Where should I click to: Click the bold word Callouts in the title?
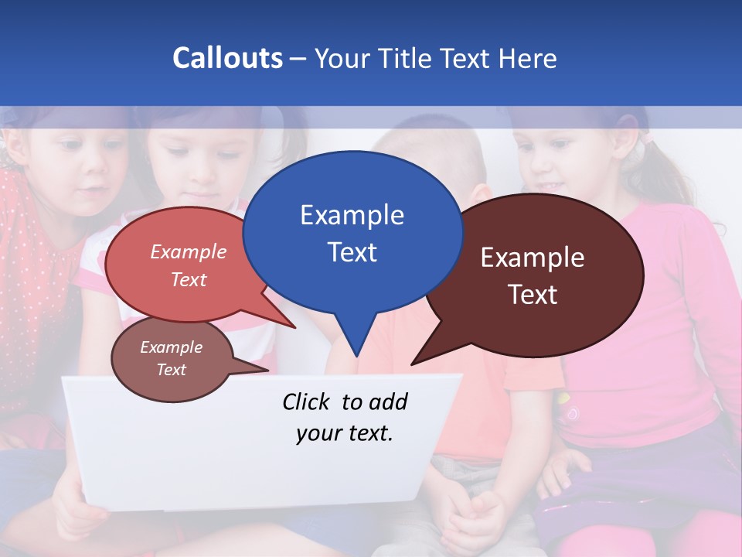pos(227,58)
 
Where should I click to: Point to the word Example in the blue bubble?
pos(352,215)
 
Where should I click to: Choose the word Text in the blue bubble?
pos(352,252)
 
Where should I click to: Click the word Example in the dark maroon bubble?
pos(533,258)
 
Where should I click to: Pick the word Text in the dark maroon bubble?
pos(533,295)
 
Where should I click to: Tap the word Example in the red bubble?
pos(189,251)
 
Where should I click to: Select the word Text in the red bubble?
pos(189,279)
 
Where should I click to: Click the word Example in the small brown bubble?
pos(171,347)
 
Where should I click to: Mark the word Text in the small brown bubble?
pos(171,370)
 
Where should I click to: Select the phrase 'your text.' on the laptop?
pos(345,433)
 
